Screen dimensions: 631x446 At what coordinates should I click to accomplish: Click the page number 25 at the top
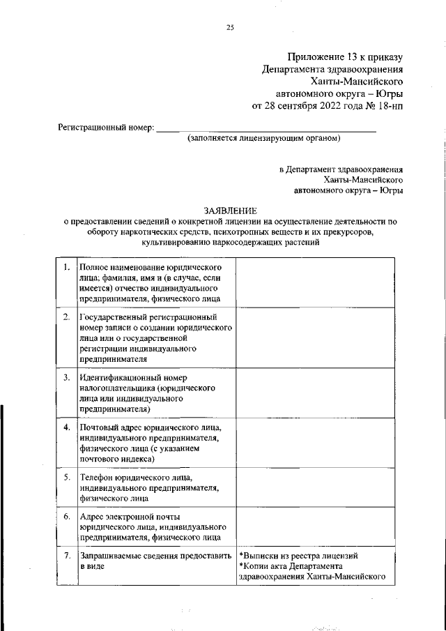(x=231, y=28)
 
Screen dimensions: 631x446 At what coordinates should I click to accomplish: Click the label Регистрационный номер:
(x=105, y=128)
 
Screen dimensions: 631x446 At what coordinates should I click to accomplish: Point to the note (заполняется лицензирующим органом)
(x=263, y=139)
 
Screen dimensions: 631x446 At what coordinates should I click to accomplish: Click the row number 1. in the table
(x=66, y=268)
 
